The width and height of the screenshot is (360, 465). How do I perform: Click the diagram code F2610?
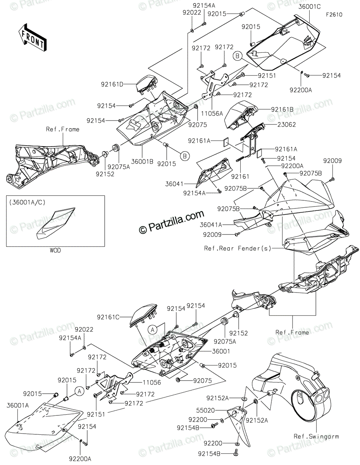[x=334, y=15]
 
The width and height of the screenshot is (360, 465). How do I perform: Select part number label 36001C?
[x=310, y=7]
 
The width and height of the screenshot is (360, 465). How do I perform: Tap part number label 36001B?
[x=142, y=162]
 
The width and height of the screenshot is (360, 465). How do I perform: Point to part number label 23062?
[x=286, y=124]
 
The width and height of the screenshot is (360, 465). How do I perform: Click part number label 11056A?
[x=212, y=114]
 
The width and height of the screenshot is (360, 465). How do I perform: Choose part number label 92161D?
[x=112, y=84]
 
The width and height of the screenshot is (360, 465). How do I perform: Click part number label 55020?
[x=205, y=410]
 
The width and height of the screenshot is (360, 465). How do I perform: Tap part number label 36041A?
[x=211, y=225]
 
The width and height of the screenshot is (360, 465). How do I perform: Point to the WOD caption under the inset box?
[x=55, y=250]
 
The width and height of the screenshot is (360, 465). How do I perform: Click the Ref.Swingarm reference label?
[x=316, y=437]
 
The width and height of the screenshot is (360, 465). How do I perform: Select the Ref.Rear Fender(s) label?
[x=238, y=248]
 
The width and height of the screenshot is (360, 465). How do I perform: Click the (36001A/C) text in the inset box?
[x=27, y=202]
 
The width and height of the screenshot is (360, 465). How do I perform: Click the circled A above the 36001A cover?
[x=79, y=391]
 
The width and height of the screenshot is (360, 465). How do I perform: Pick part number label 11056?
[x=152, y=382]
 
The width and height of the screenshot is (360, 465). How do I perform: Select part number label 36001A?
[x=18, y=405]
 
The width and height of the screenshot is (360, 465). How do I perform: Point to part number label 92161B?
[x=282, y=109]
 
